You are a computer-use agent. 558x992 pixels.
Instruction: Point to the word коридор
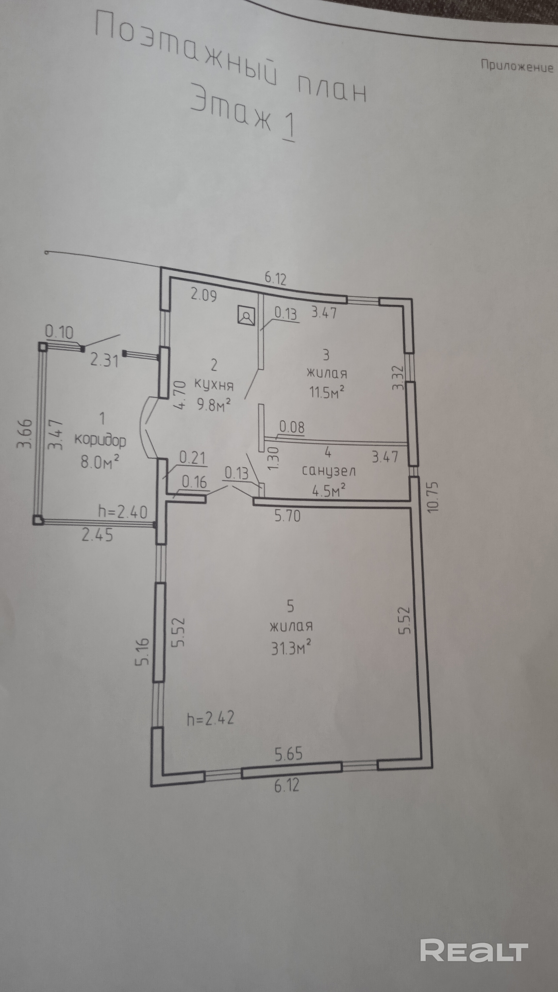tap(100, 440)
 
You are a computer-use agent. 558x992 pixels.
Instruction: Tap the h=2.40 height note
tap(123, 512)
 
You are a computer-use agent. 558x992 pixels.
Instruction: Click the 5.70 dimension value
tap(287, 516)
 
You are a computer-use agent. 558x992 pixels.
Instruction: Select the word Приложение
tap(517, 66)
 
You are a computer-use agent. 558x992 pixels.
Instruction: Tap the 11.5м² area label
tap(326, 392)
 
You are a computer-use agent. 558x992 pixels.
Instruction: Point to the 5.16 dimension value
tap(142, 651)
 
